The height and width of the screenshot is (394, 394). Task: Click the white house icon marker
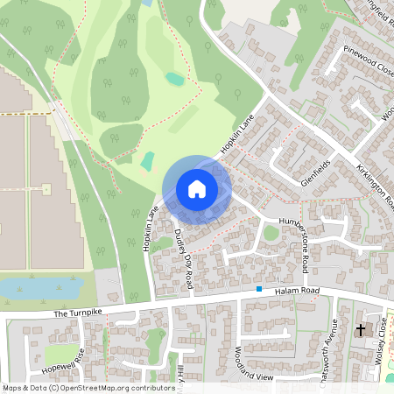click(197, 189)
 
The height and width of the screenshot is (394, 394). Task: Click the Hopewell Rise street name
click(67, 358)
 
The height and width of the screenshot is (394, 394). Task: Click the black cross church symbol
click(361, 330)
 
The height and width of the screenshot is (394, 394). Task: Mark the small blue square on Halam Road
click(259, 289)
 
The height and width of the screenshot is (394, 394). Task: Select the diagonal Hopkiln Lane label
click(237, 135)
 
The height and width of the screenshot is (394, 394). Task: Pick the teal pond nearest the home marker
click(148, 161)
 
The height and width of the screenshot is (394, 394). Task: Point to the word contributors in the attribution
click(150, 387)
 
